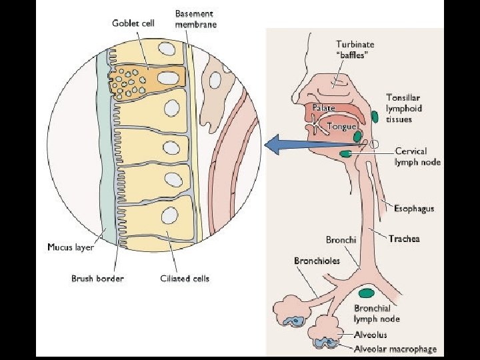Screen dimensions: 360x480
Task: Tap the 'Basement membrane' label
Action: pyautogui.click(x=195, y=19)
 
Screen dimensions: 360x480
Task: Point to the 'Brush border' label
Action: pyautogui.click(x=97, y=278)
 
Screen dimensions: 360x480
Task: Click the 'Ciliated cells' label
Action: pyautogui.click(x=185, y=278)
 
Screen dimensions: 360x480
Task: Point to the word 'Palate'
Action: pyautogui.click(x=323, y=107)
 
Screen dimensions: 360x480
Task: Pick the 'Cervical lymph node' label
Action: pyautogui.click(x=417, y=157)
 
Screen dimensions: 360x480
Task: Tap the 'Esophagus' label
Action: pyautogui.click(x=414, y=208)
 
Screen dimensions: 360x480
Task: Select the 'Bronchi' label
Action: pyautogui.click(x=341, y=239)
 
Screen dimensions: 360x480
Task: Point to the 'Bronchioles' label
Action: pyautogui.click(x=317, y=261)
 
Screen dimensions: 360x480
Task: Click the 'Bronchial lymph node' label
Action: pyautogui.click(x=377, y=313)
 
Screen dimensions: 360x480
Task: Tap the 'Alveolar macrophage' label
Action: pyautogui.click(x=395, y=348)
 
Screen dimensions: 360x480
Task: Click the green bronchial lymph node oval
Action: pyautogui.click(x=366, y=293)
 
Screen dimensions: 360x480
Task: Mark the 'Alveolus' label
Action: pyautogui.click(x=371, y=335)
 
